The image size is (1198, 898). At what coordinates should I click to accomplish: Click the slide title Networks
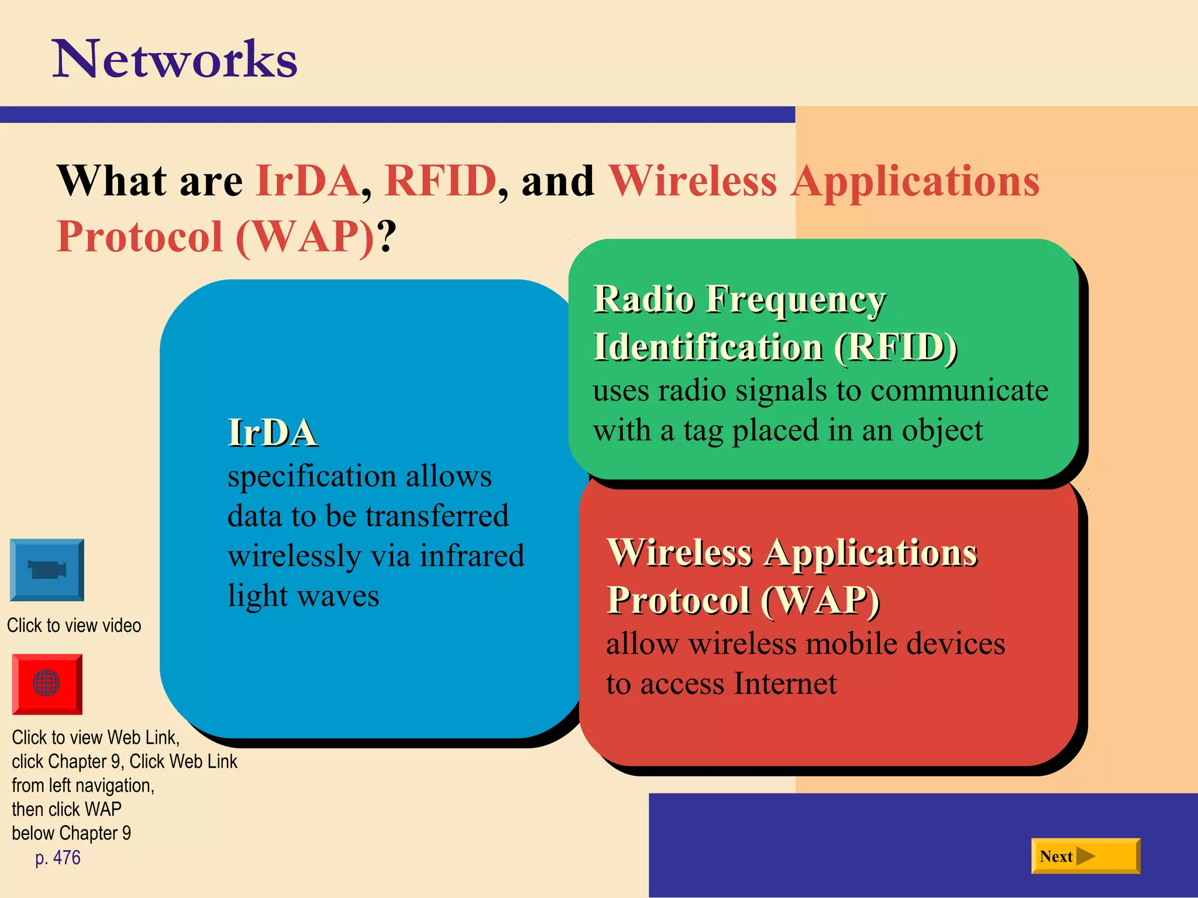(x=175, y=59)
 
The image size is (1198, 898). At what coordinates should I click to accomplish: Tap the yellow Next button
(x=1085, y=856)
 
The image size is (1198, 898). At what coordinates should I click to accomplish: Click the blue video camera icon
(x=47, y=569)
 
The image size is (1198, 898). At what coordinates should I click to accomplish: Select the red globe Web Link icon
(x=47, y=683)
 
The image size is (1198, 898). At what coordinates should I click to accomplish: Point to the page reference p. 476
(x=57, y=858)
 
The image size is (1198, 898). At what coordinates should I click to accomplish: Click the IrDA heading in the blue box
(x=272, y=433)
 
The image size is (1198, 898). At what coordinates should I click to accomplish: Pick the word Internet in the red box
(x=785, y=683)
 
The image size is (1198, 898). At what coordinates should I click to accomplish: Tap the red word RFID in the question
(x=440, y=181)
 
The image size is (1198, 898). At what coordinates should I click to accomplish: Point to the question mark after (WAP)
(x=387, y=236)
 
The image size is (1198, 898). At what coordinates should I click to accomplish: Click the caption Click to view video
(x=74, y=625)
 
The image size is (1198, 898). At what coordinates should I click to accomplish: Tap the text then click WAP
(x=67, y=809)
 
